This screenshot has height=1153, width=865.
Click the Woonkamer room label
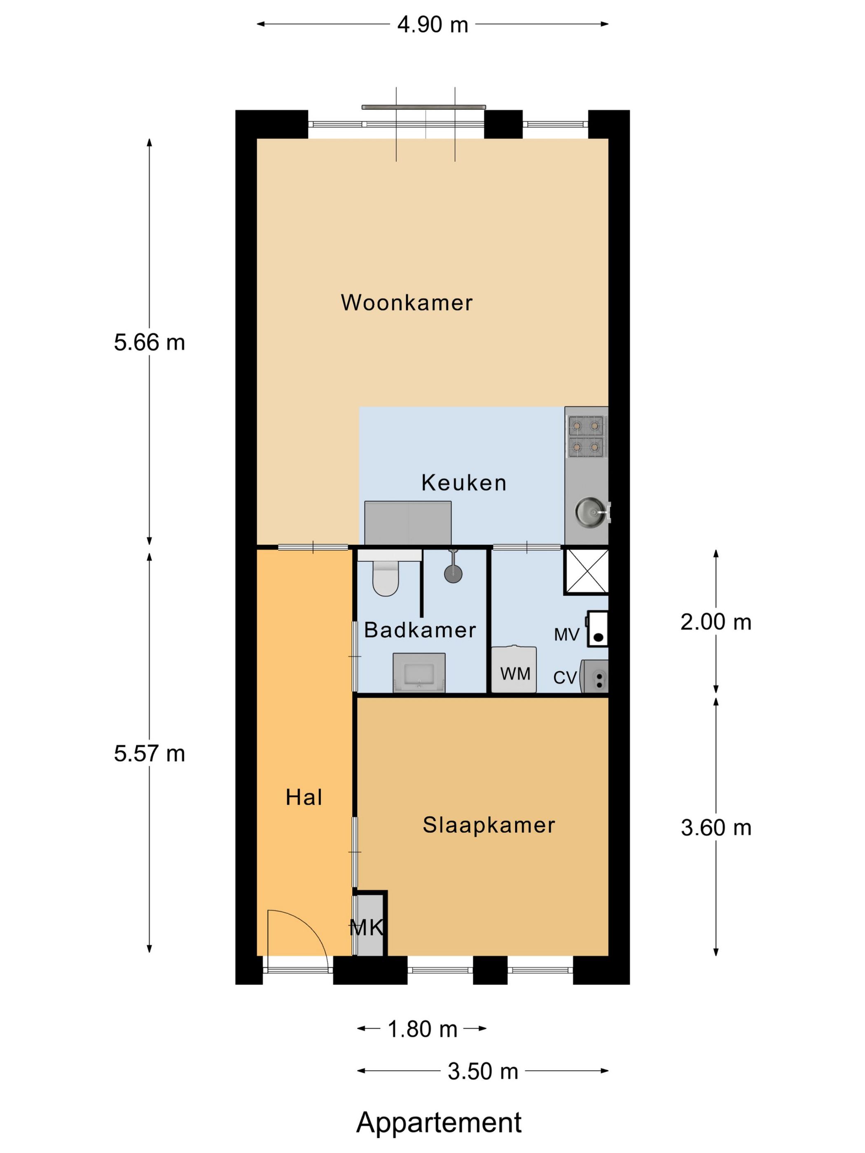[406, 303]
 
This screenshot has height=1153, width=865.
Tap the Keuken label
[463, 483]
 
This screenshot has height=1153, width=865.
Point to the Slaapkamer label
[489, 825]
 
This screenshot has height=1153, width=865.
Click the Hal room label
[304, 798]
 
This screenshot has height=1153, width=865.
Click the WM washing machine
[514, 670]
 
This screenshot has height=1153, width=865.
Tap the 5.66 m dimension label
[149, 343]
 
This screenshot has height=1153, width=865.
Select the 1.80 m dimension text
[422, 1029]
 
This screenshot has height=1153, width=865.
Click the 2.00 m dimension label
[715, 622]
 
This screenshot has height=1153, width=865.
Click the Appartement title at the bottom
[439, 1122]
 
